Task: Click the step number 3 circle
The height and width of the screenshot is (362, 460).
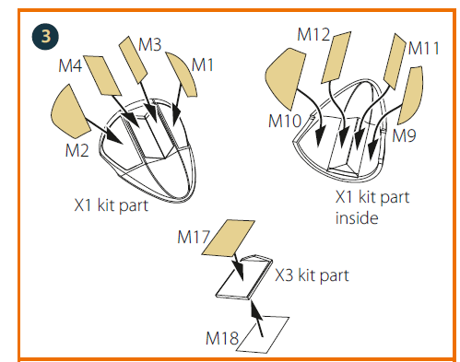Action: (45, 36)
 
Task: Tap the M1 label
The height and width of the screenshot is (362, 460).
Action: (203, 65)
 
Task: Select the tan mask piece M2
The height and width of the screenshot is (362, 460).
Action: (70, 111)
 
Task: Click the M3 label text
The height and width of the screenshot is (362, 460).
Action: (149, 44)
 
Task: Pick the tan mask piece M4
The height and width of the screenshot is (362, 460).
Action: (102, 76)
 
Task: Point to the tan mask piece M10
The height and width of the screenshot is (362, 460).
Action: (285, 78)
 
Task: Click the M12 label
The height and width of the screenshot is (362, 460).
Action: (313, 34)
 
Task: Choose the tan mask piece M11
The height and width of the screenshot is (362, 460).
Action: (395, 62)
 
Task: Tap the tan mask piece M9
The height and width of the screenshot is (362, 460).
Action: (411, 96)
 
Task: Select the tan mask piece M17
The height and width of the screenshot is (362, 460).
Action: (229, 238)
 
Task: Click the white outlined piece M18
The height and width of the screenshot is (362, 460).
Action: (263, 334)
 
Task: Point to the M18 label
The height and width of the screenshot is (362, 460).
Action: (222, 338)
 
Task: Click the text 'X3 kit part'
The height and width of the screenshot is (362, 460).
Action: (312, 275)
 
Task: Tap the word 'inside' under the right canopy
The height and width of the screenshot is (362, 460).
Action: (357, 218)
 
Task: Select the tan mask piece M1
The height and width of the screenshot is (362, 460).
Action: (182, 74)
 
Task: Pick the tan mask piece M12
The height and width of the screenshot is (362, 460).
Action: (336, 57)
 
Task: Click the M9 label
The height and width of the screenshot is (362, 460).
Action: (404, 135)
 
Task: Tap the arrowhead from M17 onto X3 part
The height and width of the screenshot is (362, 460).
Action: (239, 271)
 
